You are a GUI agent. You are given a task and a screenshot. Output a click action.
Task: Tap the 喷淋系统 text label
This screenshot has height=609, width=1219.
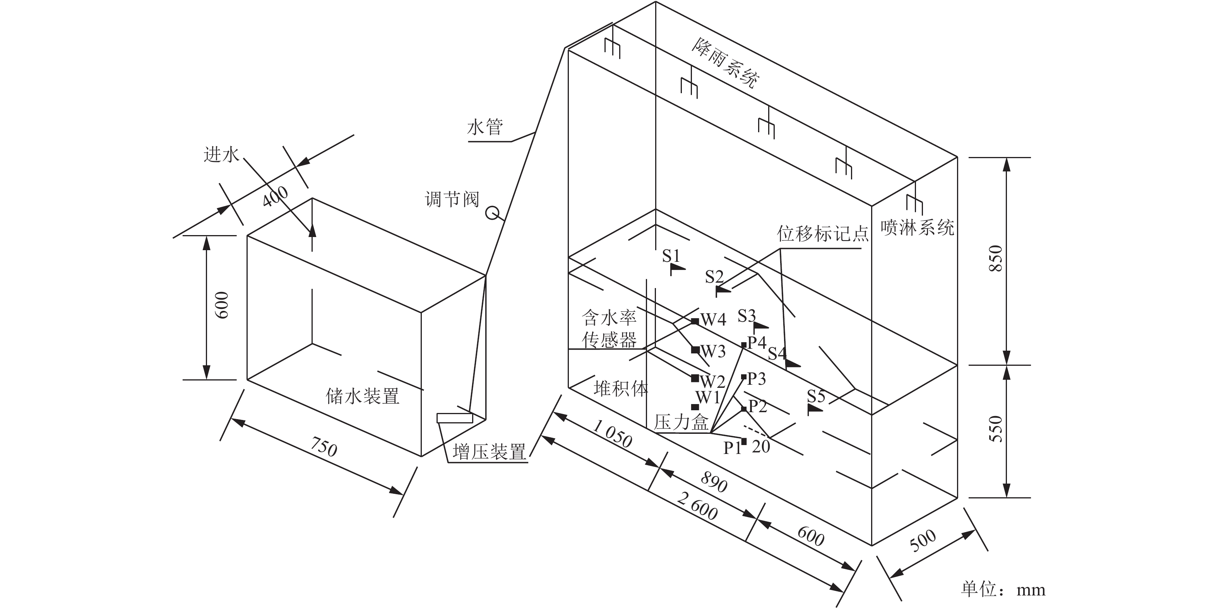[x=917, y=227]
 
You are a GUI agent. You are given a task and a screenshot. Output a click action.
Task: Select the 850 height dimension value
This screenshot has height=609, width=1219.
[x=996, y=258]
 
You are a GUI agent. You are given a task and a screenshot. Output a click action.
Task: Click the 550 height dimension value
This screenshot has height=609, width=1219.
[x=996, y=428]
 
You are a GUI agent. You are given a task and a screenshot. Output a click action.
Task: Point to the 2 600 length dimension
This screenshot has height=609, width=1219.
[x=697, y=506]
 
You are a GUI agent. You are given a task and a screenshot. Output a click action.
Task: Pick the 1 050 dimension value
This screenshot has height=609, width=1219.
[x=612, y=434]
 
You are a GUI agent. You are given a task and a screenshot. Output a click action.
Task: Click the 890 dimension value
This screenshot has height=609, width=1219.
[x=714, y=482]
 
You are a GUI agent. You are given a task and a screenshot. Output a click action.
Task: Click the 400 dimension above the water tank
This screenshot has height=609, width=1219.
[x=276, y=196]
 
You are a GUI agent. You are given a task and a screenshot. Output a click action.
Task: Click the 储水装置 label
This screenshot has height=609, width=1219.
[x=363, y=396]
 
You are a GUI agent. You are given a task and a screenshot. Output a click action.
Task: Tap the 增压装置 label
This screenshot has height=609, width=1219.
[x=489, y=452]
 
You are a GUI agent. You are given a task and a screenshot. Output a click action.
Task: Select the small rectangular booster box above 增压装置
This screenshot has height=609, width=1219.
[x=455, y=418]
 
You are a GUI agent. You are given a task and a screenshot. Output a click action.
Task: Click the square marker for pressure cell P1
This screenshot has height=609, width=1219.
[x=744, y=442]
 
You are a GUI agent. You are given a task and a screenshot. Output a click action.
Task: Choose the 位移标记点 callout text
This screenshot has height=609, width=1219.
[x=823, y=234]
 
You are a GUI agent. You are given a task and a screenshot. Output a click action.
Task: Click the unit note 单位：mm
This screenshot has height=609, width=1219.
[x=1003, y=590]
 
